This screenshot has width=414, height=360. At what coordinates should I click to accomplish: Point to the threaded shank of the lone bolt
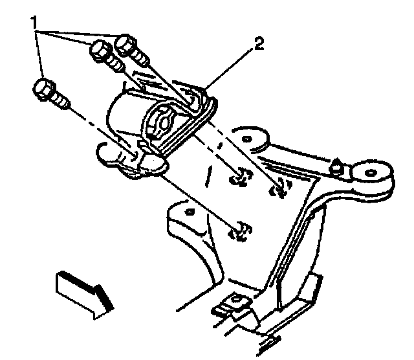point(60,99)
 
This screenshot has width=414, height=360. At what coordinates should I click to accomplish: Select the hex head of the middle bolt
point(102,50)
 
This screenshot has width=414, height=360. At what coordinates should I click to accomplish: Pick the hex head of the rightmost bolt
point(127,45)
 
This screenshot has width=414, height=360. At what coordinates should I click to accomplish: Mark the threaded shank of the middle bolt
point(116,63)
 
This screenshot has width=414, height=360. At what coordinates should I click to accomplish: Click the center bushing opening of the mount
point(164,121)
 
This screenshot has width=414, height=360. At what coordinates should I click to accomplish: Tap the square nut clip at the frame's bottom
point(237,302)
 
